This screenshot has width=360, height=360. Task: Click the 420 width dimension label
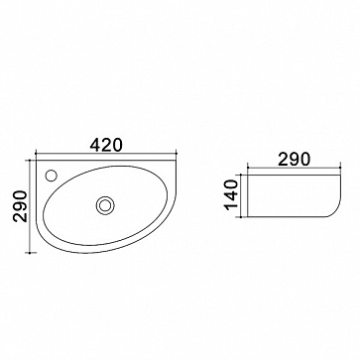(x=106, y=145)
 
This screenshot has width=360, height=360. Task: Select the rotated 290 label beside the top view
(x=20, y=206)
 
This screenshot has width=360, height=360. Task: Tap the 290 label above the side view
(x=295, y=160)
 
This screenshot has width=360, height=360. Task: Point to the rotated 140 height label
(x=231, y=195)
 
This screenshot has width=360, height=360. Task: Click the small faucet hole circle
(x=52, y=176)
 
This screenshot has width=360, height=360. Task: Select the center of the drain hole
(x=105, y=205)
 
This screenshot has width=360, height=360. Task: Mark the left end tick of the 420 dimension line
(x=36, y=154)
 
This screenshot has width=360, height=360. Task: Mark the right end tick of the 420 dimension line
(x=177, y=154)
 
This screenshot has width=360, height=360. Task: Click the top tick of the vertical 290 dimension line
(x=30, y=161)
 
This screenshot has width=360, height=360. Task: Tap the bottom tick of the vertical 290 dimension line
(x=30, y=253)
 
